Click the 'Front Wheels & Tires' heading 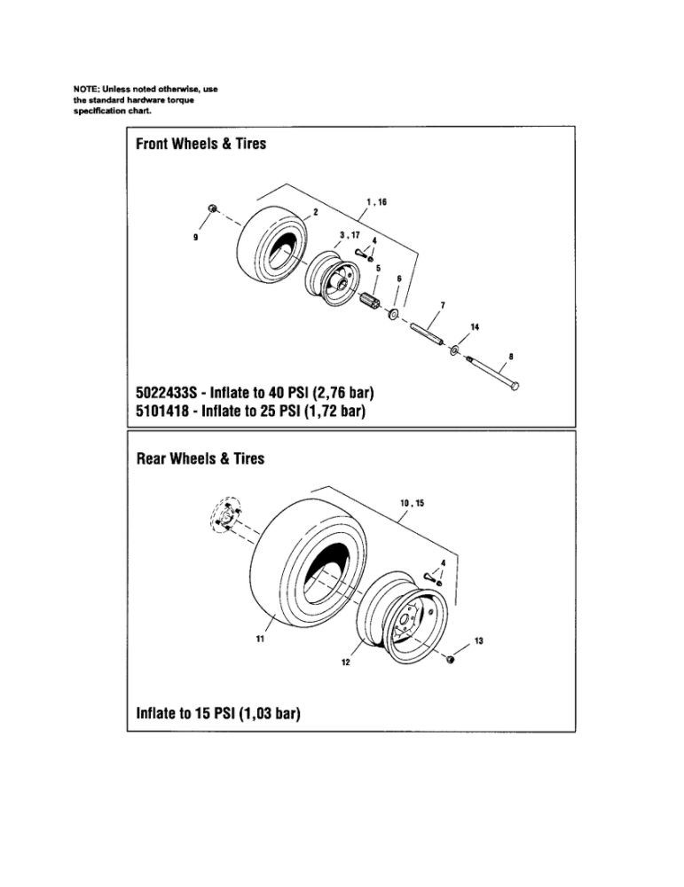(x=200, y=144)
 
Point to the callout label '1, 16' (x=376, y=202)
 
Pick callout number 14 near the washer (x=475, y=327)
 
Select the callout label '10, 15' (x=413, y=503)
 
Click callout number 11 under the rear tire (x=260, y=640)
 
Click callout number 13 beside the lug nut (x=478, y=641)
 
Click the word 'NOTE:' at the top (x=87, y=90)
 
